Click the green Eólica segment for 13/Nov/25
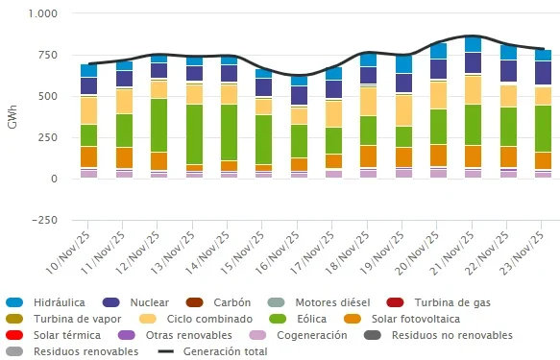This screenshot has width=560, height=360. click(x=195, y=134)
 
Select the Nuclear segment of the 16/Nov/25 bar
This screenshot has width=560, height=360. click(x=300, y=95)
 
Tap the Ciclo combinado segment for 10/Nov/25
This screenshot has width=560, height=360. click(x=89, y=110)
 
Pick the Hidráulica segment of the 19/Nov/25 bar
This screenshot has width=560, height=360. click(x=404, y=64)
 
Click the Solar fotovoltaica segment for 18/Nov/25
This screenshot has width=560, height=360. click(x=369, y=156)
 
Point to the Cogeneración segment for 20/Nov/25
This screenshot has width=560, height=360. click(x=439, y=174)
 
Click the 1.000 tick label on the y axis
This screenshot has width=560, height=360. click(x=43, y=13)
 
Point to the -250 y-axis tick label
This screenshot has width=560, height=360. click(x=44, y=220)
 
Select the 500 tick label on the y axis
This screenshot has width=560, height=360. click(x=48, y=96)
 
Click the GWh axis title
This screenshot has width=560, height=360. click(x=12, y=117)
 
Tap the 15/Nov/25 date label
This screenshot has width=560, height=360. click(x=242, y=252)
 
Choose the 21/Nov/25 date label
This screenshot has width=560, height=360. click(x=452, y=252)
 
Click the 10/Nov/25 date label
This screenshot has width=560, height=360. click(x=68, y=252)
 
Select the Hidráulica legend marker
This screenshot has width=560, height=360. click(x=14, y=302)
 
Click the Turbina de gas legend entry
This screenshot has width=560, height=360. click(x=439, y=302)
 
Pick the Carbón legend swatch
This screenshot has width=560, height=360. click(x=195, y=302)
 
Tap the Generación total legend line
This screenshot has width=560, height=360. click(x=166, y=351)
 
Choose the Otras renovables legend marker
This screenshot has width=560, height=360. click(x=127, y=335)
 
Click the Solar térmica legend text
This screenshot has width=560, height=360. click(x=67, y=335)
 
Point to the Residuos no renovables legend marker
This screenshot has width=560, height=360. click(x=373, y=335)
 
